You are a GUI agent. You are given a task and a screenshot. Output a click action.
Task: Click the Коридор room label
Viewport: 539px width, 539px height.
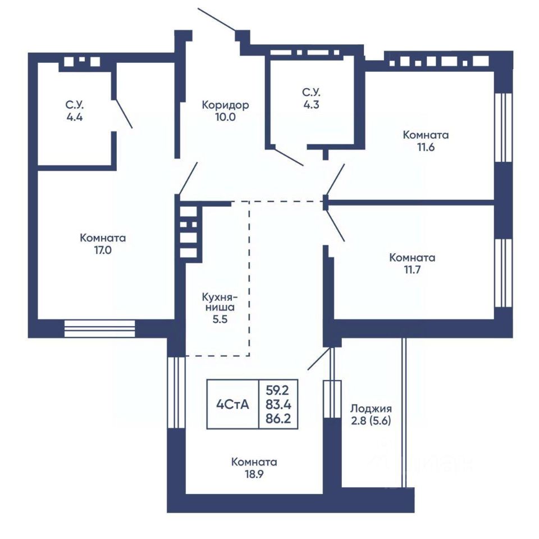click(x=225, y=105)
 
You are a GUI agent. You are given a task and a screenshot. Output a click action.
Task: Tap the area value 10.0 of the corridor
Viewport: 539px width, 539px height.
click(x=226, y=117)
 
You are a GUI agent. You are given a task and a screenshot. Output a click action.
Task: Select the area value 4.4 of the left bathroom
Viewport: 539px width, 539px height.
click(x=75, y=117)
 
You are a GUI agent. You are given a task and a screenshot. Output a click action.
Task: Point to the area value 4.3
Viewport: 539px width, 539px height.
click(x=311, y=104)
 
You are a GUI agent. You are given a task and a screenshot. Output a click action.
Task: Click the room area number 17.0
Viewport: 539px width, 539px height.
click(x=103, y=250)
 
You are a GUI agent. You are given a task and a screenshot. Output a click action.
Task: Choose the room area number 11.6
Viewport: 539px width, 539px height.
click(x=426, y=147)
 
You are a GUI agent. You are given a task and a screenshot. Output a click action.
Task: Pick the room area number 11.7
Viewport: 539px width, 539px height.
click(x=412, y=269)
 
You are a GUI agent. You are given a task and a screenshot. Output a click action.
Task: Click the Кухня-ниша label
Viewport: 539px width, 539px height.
click(x=220, y=301)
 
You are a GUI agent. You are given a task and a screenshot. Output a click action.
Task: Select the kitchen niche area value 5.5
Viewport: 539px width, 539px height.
click(x=220, y=319)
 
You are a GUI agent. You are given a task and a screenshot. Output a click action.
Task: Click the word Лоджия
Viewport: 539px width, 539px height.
click(x=371, y=409)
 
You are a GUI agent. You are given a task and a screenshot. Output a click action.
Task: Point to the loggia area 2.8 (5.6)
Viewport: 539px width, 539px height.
click(x=371, y=421)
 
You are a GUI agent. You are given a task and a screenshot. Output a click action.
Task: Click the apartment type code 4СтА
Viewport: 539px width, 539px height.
click(x=232, y=405)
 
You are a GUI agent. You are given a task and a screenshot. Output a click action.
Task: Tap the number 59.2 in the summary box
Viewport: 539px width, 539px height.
click(x=277, y=391)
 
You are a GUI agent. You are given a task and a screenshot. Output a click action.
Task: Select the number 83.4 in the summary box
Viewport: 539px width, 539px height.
click(x=278, y=405)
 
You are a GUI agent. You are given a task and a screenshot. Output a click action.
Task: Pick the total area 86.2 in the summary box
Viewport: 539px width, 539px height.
click(x=278, y=419)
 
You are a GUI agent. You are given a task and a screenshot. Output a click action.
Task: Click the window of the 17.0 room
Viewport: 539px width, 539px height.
click(x=100, y=328)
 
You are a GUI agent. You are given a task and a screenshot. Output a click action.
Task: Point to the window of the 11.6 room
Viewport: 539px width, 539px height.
click(x=504, y=127)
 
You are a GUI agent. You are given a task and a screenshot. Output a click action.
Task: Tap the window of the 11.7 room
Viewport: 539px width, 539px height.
click(x=504, y=273)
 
